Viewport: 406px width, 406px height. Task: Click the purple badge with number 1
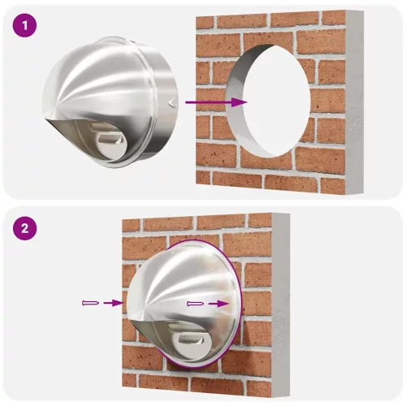point(28,26)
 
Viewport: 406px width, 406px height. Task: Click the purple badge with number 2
point(28,229)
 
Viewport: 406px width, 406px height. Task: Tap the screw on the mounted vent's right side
point(196,303)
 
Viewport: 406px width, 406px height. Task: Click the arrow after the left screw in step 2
point(114,303)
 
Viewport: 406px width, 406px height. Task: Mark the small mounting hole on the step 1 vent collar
point(170,102)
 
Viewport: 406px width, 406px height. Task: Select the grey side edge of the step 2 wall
point(280,304)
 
